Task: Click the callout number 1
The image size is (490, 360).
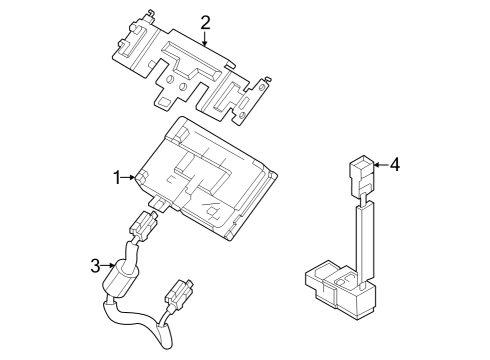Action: pyautogui.click(x=117, y=178)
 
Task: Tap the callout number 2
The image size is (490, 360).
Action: pyautogui.click(x=205, y=22)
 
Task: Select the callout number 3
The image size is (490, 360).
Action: pyautogui.click(x=95, y=265)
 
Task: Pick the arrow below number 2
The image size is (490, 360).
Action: pyautogui.click(x=205, y=40)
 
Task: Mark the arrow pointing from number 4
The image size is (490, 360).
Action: pyautogui.click(x=378, y=164)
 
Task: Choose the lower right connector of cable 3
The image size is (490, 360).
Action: pyautogui.click(x=180, y=296)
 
